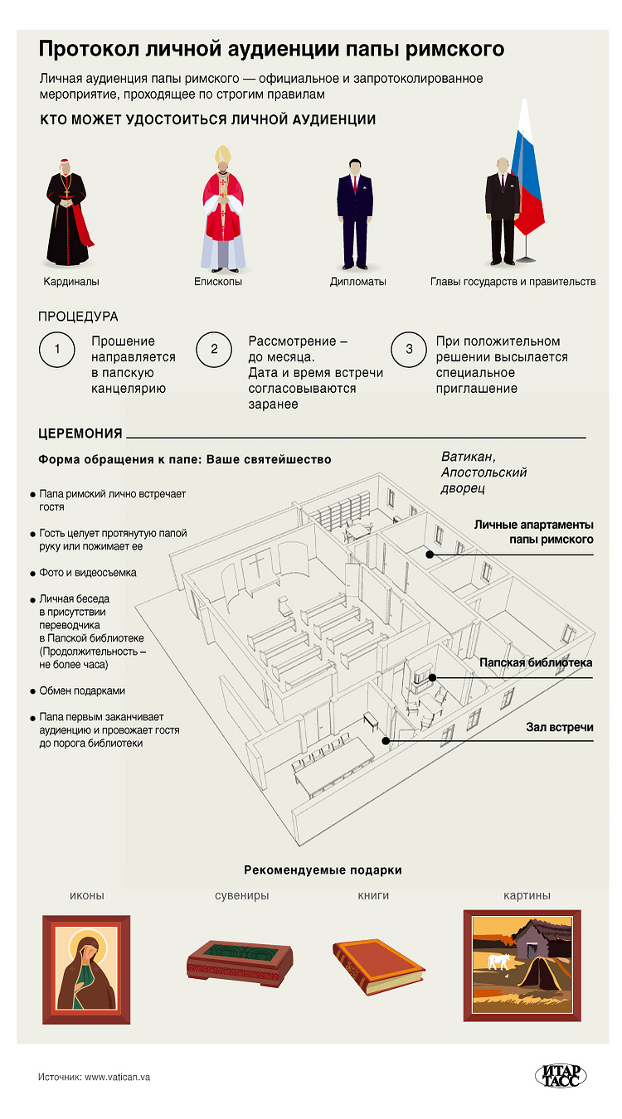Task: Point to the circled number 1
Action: tap(56, 349)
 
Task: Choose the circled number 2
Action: tap(213, 349)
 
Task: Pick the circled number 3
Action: tap(409, 349)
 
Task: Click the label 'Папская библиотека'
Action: tap(536, 663)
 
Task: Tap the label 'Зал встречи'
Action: tap(560, 727)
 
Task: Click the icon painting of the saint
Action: tap(86, 969)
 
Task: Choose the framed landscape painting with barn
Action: tap(521, 965)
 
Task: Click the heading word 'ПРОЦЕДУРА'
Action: tap(79, 317)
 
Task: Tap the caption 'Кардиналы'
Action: tap(71, 282)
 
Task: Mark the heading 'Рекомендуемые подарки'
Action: tap(323, 870)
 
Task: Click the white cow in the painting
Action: tap(499, 962)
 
